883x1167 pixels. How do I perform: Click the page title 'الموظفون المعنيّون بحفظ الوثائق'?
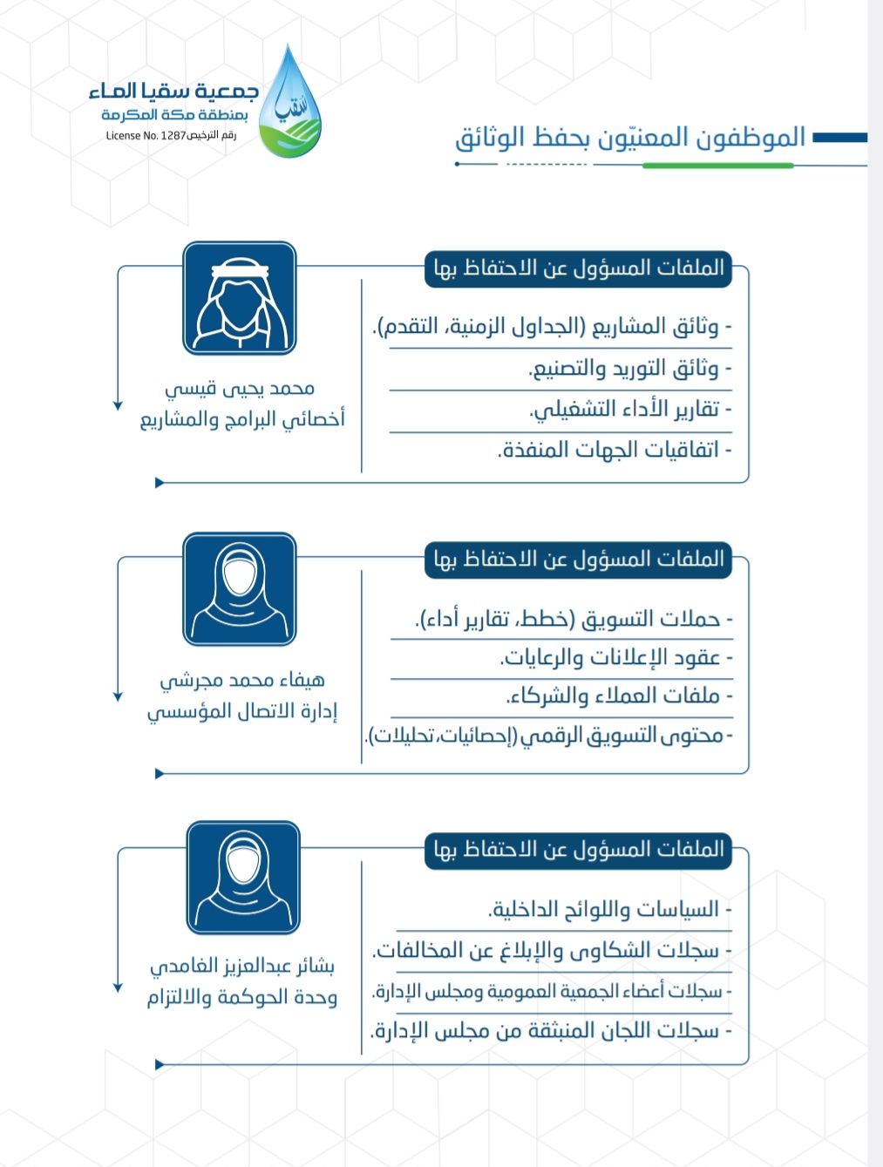coord(629,138)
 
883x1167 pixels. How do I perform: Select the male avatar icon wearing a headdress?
coord(240,298)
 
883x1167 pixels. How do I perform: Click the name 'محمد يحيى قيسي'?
coord(240,388)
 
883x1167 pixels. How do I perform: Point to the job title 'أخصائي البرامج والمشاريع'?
coord(242,419)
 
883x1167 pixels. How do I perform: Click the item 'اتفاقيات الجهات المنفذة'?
coord(615,450)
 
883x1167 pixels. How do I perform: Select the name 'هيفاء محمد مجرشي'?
coord(241,680)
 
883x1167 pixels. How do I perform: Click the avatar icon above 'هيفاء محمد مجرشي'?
coord(240,589)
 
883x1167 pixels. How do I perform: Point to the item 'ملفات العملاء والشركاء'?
coord(619,695)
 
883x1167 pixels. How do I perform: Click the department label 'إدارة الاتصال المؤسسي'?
coord(241,711)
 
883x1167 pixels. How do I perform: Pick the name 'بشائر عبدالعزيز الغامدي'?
coord(241,966)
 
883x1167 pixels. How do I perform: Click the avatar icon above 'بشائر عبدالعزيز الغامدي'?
coord(243,878)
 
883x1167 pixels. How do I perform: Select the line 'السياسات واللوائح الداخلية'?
coord(609,910)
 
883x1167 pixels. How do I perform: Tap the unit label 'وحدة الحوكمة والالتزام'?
coord(241,997)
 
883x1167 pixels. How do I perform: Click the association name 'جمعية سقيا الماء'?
coord(173,91)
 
